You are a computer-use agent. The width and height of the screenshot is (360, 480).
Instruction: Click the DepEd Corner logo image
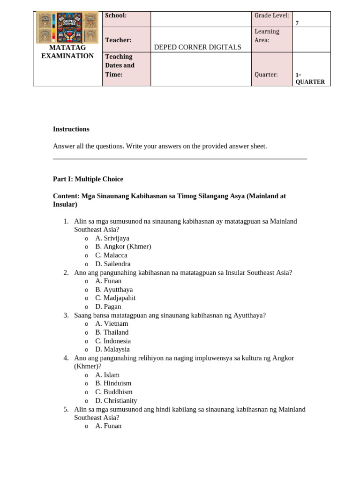[67, 28]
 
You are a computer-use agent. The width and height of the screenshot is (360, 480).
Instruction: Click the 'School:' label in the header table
[116, 15]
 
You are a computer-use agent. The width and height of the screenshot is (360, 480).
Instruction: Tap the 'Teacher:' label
[118, 41]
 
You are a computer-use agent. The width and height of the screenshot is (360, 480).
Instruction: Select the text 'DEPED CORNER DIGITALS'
[197, 47]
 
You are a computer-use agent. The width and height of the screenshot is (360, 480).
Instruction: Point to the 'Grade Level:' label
[271, 15]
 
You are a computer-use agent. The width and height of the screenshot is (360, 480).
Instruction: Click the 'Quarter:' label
[266, 75]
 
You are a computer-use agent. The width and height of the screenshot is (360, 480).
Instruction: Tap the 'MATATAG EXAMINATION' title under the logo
[67, 52]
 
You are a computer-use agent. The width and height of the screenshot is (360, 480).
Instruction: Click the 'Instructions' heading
[71, 129]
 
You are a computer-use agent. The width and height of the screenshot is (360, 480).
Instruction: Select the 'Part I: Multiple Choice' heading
[88, 179]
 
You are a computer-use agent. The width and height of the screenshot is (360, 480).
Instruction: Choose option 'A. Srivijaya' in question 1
[112, 238]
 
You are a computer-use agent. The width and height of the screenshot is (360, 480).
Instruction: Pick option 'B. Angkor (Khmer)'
[123, 247]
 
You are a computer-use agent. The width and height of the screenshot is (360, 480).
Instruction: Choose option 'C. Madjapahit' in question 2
[115, 298]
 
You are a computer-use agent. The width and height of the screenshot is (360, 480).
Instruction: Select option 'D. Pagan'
[108, 307]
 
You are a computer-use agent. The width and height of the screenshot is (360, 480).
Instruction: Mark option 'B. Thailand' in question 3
[112, 332]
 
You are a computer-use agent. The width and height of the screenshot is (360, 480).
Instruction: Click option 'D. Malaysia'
[112, 349]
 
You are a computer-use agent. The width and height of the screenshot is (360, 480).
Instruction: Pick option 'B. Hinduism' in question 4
[113, 383]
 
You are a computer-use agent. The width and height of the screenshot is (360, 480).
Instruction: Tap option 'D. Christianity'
[116, 400]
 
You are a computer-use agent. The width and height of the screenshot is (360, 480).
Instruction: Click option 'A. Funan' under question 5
[108, 426]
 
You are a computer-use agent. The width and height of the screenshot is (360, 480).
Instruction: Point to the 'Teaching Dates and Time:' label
[120, 65]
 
